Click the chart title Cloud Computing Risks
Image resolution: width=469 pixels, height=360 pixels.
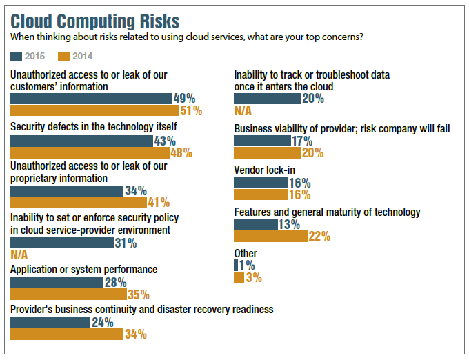95,20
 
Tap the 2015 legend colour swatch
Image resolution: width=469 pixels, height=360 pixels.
16,56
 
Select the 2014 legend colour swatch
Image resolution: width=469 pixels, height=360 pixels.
64,56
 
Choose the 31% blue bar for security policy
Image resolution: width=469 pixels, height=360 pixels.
62,243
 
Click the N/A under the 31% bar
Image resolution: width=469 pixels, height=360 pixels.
19,255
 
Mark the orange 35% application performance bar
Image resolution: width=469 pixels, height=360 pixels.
68,294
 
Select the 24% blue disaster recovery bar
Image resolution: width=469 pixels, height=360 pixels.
50,322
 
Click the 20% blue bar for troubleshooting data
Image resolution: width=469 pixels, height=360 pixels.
267,99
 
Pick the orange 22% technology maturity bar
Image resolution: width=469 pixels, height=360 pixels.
270,237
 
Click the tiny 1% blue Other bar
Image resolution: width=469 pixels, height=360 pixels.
236,266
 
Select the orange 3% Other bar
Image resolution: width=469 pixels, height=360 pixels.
239,277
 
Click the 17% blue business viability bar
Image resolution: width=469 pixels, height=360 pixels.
262,141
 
